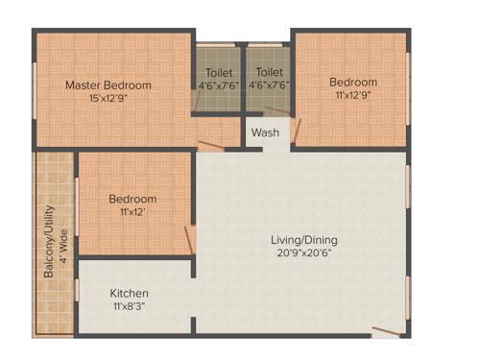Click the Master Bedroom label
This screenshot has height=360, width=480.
click(108, 85)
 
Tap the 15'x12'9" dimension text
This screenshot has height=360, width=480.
click(108, 98)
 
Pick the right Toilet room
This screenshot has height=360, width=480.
click(270, 79)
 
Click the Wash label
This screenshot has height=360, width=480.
click(265, 132)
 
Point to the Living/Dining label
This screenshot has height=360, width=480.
click(302, 240)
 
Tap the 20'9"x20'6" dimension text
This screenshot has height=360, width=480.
click(302, 253)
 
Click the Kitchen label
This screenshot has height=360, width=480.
click(129, 293)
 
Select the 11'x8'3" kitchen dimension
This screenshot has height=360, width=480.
click(129, 306)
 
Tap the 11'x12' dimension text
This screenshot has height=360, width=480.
click(132, 212)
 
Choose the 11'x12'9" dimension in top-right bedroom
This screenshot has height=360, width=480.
click(353, 96)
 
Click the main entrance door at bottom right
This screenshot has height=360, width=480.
click(386, 331)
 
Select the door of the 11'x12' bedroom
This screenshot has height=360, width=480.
click(190, 239)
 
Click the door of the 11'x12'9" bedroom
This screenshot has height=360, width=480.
click(297, 131)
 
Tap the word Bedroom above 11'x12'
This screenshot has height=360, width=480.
click(132, 199)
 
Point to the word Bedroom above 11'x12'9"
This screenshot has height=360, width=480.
click(353, 83)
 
